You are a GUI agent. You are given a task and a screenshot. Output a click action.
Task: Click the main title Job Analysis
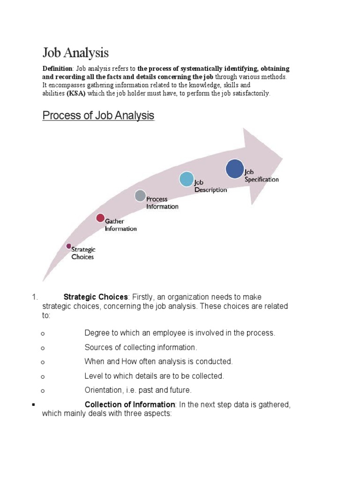pos(75,52)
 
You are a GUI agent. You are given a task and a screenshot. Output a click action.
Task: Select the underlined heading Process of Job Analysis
pos(98,115)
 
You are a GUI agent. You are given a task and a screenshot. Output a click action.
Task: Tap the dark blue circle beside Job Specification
pos(235,169)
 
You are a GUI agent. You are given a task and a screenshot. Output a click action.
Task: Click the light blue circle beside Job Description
pos(186,179)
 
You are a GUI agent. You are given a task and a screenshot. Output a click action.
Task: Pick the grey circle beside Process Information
pos(140,195)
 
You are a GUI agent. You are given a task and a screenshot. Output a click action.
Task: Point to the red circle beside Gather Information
pos(100,217)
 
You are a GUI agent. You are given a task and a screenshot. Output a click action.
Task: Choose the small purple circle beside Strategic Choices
pos(68,246)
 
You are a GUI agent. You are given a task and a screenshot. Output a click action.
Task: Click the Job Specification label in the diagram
pos(262,176)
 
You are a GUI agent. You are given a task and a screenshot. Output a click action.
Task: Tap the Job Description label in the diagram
pos(210,186)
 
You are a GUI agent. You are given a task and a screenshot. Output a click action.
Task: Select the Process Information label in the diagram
pos(162,202)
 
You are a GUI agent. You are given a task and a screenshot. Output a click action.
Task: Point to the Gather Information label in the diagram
pos(121,225)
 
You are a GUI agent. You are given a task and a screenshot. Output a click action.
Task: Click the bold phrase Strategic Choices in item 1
pos(95,297)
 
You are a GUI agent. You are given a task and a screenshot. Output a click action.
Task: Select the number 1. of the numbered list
pos(34,297)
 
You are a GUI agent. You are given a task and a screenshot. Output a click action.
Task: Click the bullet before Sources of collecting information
pos(43,348)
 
